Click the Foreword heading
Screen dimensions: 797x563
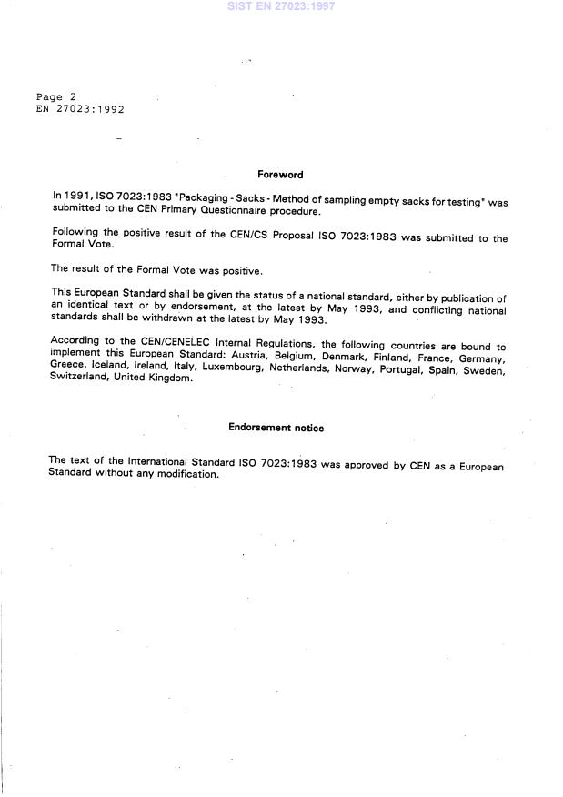280,175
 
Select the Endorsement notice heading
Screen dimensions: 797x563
276,428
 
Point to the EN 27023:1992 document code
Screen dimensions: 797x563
80,109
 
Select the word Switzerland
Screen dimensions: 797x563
77,378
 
